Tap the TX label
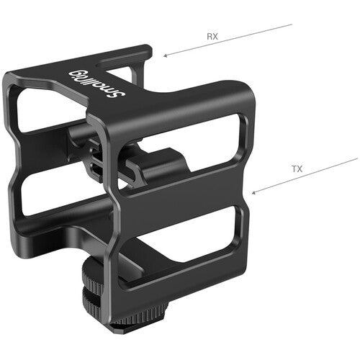point(296,169)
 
